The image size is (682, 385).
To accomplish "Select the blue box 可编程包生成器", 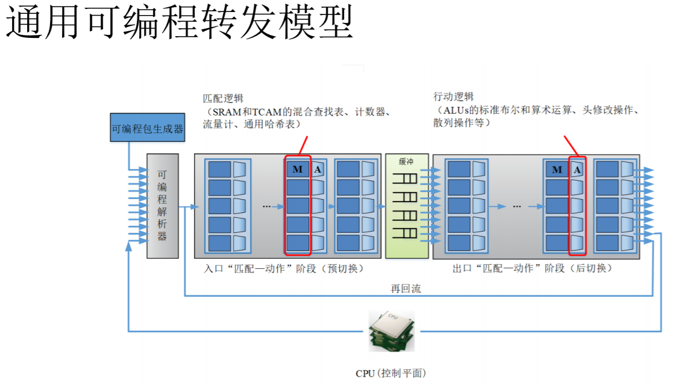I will pos(147,128).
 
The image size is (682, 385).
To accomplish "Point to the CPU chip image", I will pos(392,331).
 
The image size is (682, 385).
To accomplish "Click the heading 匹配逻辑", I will pos(223,98).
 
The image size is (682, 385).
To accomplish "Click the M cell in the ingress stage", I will pos(298,170).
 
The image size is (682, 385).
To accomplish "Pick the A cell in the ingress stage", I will pos(318,170).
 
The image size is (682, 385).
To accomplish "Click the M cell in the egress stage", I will pos(557,170).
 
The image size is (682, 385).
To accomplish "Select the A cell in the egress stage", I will pos(577,170).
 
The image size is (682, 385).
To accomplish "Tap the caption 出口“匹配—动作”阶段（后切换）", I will pos(533,268).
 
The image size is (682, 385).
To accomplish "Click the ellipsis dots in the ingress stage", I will pos(267,206).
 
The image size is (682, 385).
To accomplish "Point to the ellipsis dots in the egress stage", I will pos(516,206).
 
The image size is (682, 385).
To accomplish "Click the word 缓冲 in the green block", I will pos(407,162).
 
